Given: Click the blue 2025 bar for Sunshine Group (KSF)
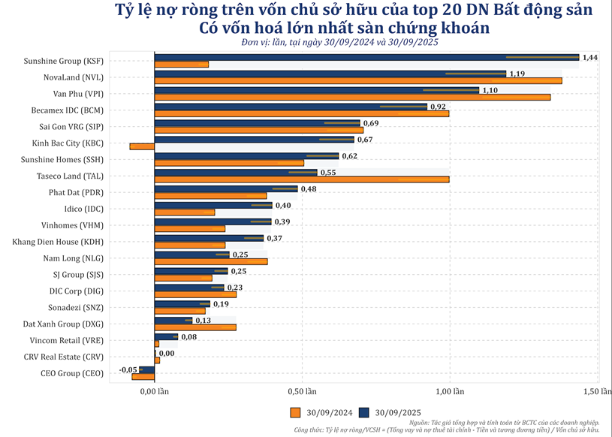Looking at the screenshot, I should [x=366, y=56].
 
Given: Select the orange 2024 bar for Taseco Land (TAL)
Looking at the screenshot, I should [x=301, y=179].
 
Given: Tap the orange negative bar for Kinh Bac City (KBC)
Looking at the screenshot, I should [x=142, y=146].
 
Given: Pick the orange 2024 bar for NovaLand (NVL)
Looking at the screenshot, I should [x=357, y=80].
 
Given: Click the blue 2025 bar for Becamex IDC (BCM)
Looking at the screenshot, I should [x=291, y=107].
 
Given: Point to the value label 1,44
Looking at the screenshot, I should [x=590, y=57].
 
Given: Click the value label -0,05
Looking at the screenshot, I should [x=128, y=369].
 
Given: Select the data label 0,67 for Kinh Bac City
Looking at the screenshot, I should [x=365, y=140].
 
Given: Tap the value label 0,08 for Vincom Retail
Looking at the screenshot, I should [x=188, y=337].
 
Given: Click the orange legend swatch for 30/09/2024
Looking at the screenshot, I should [x=295, y=412].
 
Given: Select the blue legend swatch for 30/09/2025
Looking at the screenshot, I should [x=364, y=412].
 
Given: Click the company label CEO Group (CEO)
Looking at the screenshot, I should [x=73, y=373].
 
